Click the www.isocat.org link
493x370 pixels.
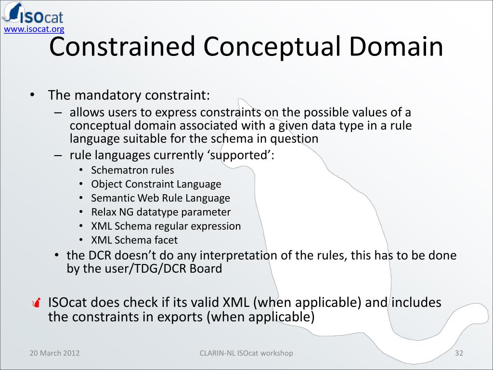(x=34, y=30)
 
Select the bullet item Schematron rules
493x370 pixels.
(x=132, y=170)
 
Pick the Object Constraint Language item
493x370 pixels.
(x=156, y=184)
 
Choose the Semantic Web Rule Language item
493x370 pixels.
(x=160, y=198)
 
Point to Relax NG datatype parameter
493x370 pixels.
(x=161, y=212)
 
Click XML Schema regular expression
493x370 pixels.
(x=166, y=226)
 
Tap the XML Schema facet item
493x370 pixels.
(x=134, y=240)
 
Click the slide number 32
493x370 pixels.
(x=459, y=353)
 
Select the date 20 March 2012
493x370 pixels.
(x=55, y=353)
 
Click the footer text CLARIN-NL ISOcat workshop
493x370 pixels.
(x=246, y=353)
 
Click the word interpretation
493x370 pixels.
(x=239, y=255)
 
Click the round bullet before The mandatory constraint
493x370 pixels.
(x=32, y=95)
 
